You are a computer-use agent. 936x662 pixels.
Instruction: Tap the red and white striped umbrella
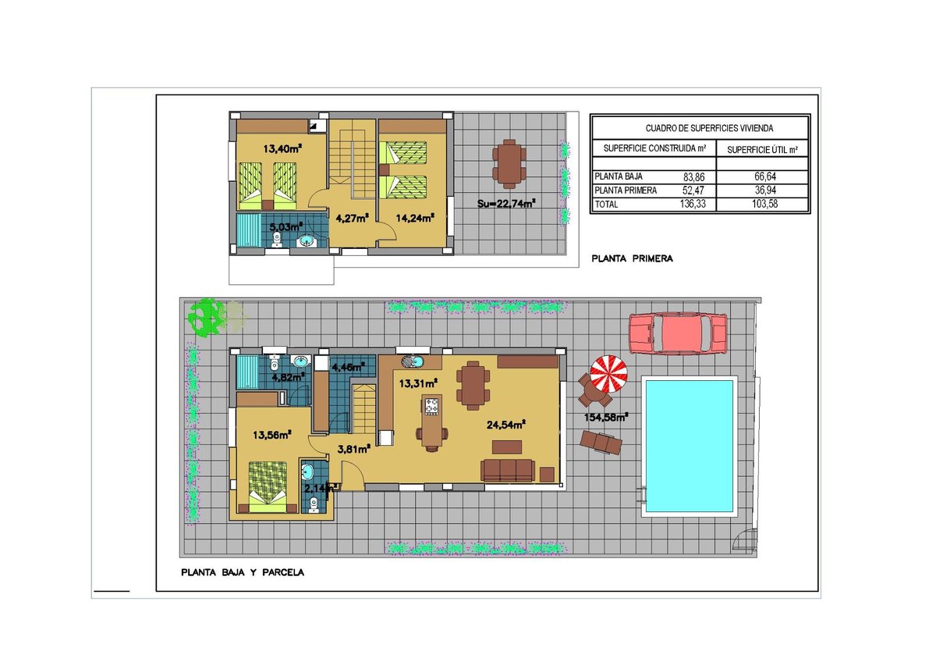(608, 374)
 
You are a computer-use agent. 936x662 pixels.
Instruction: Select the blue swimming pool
(690, 447)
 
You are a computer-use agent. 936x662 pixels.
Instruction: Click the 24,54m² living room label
(505, 425)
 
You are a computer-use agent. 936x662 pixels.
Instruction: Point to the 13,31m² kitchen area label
(418, 383)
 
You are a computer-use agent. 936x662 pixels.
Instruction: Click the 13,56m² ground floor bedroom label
(272, 435)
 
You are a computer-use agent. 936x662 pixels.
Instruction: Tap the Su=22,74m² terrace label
(506, 204)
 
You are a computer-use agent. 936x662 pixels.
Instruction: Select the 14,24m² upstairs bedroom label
(415, 218)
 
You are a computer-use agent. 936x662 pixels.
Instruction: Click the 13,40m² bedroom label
(282, 148)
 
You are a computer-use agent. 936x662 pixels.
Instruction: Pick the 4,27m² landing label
(353, 218)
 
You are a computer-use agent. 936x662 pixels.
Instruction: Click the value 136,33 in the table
(693, 204)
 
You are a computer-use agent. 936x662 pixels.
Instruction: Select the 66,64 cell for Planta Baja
(765, 176)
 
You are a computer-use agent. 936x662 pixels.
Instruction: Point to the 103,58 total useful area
(764, 204)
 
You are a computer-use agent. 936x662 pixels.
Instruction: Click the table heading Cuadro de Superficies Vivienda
(709, 128)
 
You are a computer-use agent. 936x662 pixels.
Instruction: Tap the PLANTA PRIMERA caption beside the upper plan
(633, 259)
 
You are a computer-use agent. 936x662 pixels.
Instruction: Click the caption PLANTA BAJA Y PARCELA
(243, 572)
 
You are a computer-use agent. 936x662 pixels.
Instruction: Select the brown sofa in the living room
(507, 471)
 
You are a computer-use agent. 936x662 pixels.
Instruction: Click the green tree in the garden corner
(206, 317)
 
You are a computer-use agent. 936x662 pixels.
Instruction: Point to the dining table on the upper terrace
(509, 164)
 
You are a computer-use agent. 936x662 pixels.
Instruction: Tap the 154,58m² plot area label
(606, 418)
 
